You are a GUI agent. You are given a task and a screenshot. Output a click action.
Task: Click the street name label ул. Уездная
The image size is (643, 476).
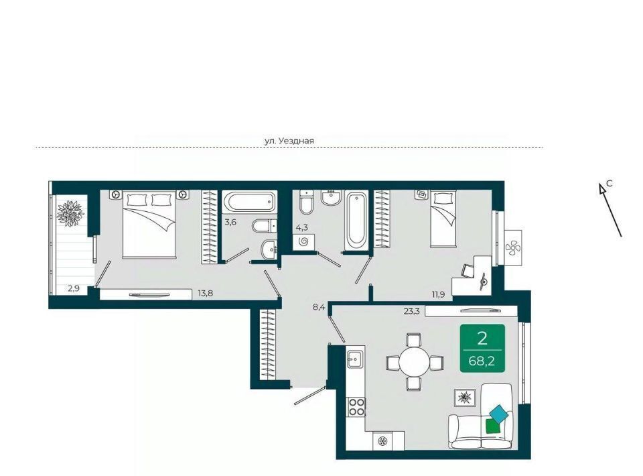tap(289, 141)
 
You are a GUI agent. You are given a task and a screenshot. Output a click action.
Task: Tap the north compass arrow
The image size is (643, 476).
tap(610, 210)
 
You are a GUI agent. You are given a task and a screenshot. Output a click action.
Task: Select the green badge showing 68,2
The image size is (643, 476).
tap(482, 349)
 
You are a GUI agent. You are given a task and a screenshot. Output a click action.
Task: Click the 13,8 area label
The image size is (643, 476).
tap(205, 293)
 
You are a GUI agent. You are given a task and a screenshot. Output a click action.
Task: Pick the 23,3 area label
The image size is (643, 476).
tap(412, 312)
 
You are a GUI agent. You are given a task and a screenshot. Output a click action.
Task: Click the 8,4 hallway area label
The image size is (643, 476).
tap(319, 307)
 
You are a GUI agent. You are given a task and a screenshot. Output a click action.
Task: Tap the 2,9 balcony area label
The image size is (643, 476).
tap(74, 288)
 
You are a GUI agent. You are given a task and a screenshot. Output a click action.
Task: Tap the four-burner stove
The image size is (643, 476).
tap(356, 407)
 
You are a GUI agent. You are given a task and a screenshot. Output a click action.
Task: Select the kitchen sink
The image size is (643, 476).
tap(355, 359)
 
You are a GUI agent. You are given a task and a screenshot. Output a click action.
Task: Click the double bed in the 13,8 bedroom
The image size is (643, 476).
tap(149, 225)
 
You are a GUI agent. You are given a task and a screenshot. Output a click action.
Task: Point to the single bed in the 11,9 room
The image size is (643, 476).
tap(443, 219)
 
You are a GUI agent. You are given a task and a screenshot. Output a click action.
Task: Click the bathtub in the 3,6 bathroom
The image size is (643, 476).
tap(248, 202)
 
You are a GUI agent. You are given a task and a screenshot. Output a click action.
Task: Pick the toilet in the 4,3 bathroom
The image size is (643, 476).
tap(306, 202)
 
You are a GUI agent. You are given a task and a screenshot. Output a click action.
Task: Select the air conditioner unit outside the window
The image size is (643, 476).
tap(512, 247)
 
